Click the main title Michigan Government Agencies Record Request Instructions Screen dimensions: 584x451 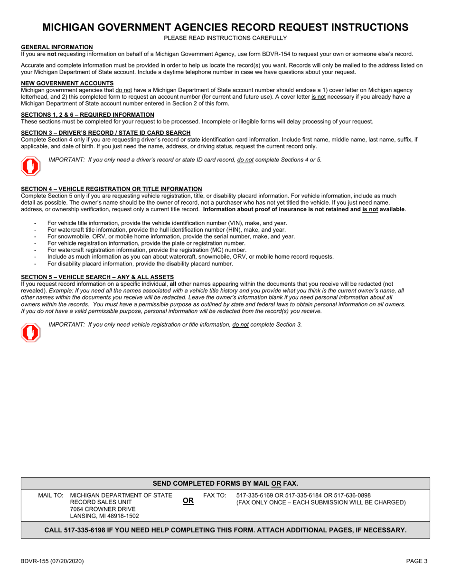tap(225, 27)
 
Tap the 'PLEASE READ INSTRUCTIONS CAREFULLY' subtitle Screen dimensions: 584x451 tap(225, 38)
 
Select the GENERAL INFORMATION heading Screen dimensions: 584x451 tap(57, 47)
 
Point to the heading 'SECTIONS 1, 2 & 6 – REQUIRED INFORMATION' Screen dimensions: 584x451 tap(87, 114)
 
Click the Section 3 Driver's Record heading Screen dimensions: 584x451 tap(106, 132)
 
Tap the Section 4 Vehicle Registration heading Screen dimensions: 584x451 tap(111, 188)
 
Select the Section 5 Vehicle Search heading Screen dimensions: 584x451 tap(97, 277)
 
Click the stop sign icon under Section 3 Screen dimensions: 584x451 tap(30, 166)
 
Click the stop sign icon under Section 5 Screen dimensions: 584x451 tap(30, 332)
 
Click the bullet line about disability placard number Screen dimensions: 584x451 tap(140, 264)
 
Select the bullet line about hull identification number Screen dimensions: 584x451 tap(166, 229)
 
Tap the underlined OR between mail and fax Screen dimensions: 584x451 tap(188, 500)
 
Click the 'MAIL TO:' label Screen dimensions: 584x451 tap(50, 495)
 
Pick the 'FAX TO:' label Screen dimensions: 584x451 tap(215, 495)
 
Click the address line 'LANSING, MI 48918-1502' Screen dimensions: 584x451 tap(104, 516)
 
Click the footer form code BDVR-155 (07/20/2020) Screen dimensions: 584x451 tap(52, 561)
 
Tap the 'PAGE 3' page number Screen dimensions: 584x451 tap(416, 561)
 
